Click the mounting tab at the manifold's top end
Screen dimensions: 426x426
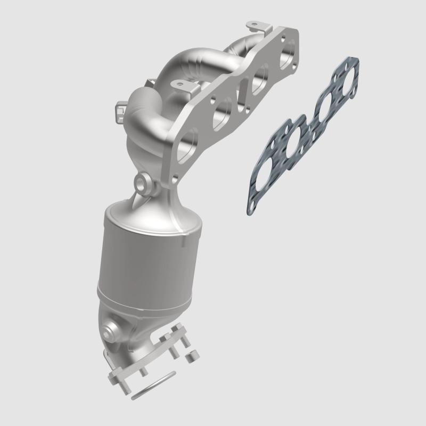click(x=253, y=25)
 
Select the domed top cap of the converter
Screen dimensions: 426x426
click(x=154, y=213)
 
